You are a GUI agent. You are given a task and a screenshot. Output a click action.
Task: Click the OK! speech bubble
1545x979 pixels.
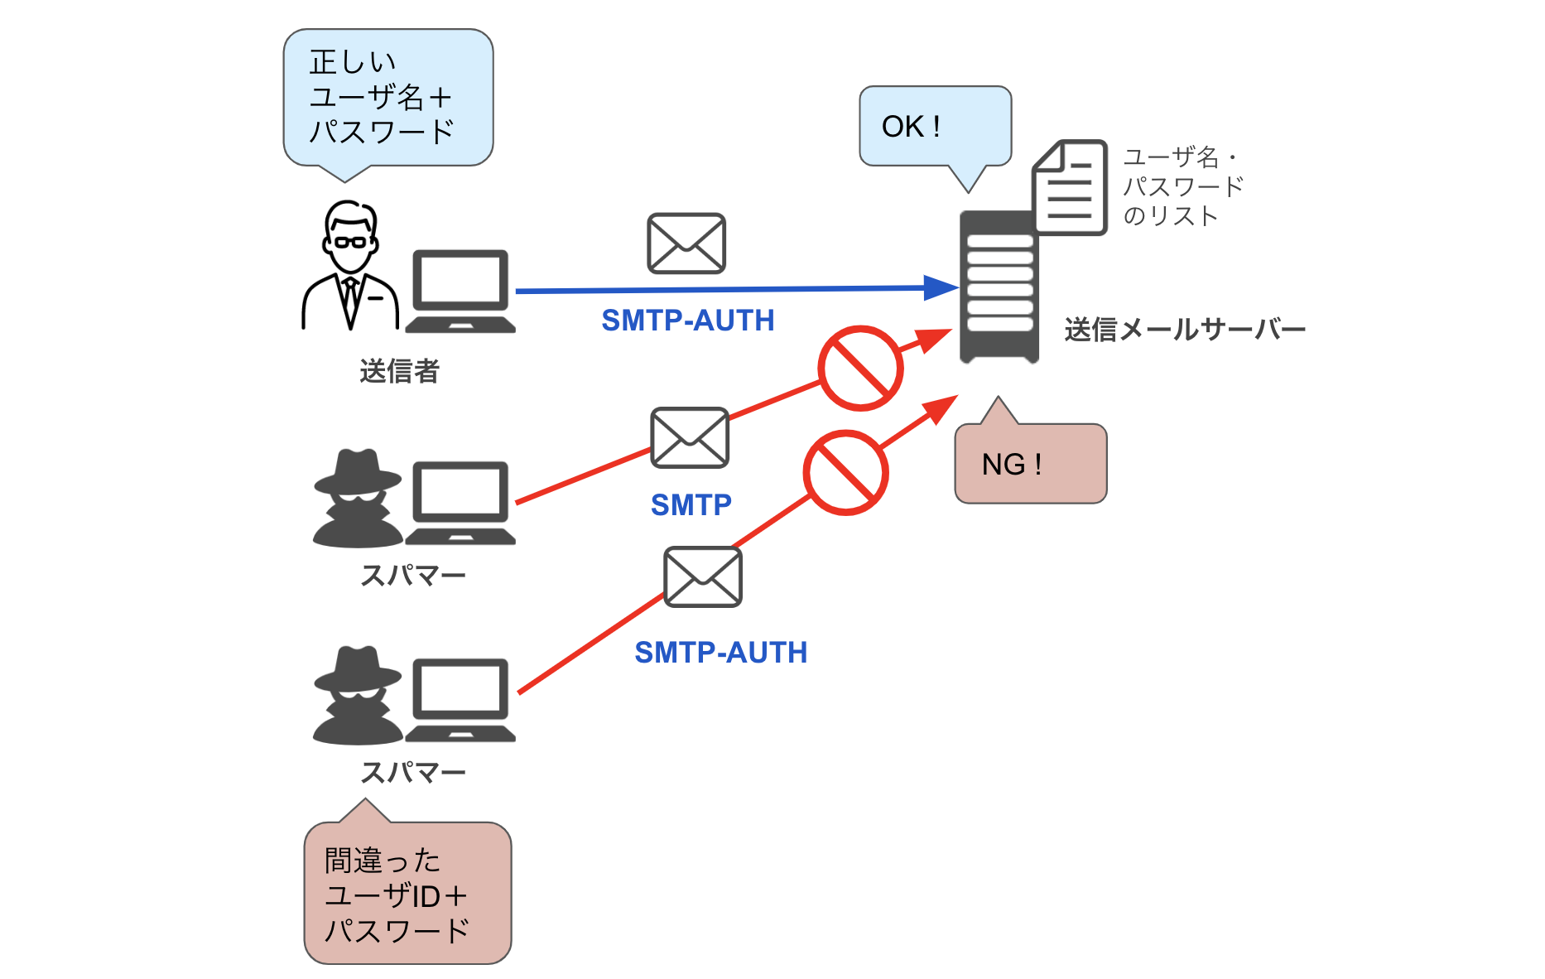(x=935, y=126)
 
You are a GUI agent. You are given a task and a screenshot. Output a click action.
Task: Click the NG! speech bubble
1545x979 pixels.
(x=1030, y=464)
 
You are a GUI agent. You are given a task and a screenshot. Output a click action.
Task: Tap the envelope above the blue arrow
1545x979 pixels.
(x=686, y=244)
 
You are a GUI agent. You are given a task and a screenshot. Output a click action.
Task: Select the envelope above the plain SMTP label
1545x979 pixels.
(x=690, y=437)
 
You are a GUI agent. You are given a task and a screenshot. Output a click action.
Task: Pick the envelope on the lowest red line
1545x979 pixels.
(x=703, y=577)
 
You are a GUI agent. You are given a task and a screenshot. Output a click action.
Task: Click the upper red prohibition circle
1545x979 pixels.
(x=860, y=368)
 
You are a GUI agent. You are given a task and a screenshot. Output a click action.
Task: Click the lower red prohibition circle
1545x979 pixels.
(x=845, y=473)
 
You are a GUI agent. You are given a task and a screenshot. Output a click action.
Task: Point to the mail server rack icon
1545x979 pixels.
(x=999, y=287)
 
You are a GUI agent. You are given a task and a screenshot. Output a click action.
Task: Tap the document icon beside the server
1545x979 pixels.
(x=1070, y=188)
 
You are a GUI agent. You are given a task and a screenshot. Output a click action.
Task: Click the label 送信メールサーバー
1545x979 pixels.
(x=1184, y=330)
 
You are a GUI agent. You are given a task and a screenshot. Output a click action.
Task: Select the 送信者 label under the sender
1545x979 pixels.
(x=399, y=371)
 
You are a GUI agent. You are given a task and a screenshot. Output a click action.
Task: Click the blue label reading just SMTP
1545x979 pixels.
(x=691, y=504)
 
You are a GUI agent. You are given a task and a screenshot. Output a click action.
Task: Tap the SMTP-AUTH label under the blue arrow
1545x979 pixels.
(x=687, y=321)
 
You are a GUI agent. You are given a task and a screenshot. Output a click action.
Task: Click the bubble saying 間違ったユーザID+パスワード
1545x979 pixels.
(x=407, y=895)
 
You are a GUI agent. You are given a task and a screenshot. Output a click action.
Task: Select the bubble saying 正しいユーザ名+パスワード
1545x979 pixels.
(x=387, y=98)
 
